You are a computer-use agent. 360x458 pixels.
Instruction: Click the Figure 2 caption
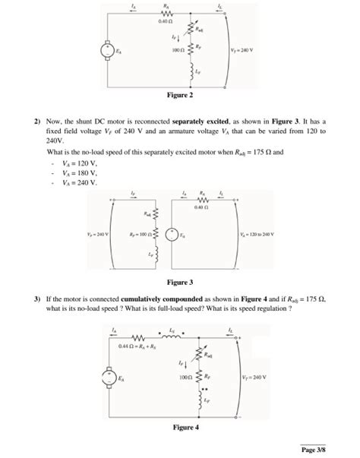pos(181,96)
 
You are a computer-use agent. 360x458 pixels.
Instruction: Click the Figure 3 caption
pos(181,283)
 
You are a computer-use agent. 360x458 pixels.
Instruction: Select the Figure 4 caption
pos(181,428)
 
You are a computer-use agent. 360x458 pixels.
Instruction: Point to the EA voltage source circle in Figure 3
pos(172,234)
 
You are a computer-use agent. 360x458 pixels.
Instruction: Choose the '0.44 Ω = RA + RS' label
pos(137,347)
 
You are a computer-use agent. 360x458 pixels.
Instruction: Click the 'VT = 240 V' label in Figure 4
pos(256,376)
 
